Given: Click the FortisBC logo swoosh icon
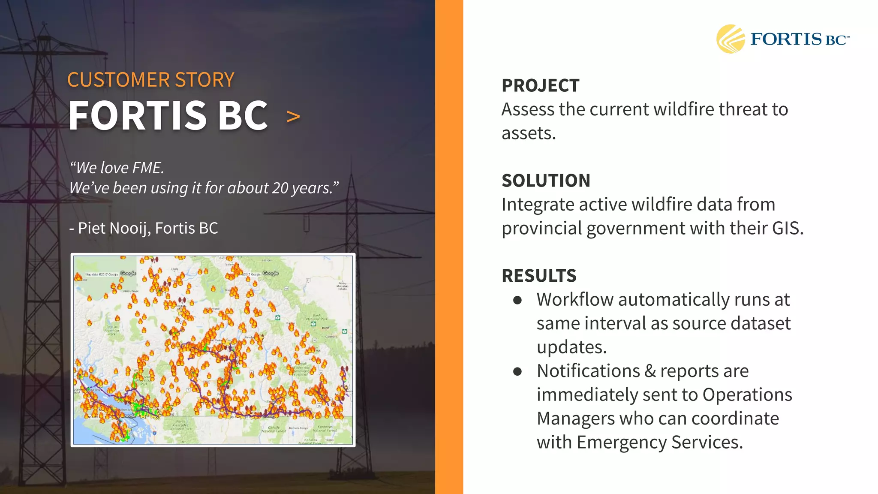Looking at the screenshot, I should point(731,39).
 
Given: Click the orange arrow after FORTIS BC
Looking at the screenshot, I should point(293,116).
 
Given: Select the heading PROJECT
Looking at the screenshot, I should point(540,85).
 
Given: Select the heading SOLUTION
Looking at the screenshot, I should point(546,181).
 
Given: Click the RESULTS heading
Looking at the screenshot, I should point(539,276).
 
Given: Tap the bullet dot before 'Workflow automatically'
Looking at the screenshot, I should point(517,300).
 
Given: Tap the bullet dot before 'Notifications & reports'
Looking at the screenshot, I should point(517,371).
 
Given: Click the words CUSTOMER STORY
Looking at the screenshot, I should point(150,80).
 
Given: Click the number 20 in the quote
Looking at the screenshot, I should point(280,188).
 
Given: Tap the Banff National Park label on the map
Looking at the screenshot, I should point(317,317).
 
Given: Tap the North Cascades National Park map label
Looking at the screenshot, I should point(180,425).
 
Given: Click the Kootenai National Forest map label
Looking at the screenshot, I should point(325,428).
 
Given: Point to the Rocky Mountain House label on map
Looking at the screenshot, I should point(343,286).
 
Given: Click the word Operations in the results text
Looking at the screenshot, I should point(747,395).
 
